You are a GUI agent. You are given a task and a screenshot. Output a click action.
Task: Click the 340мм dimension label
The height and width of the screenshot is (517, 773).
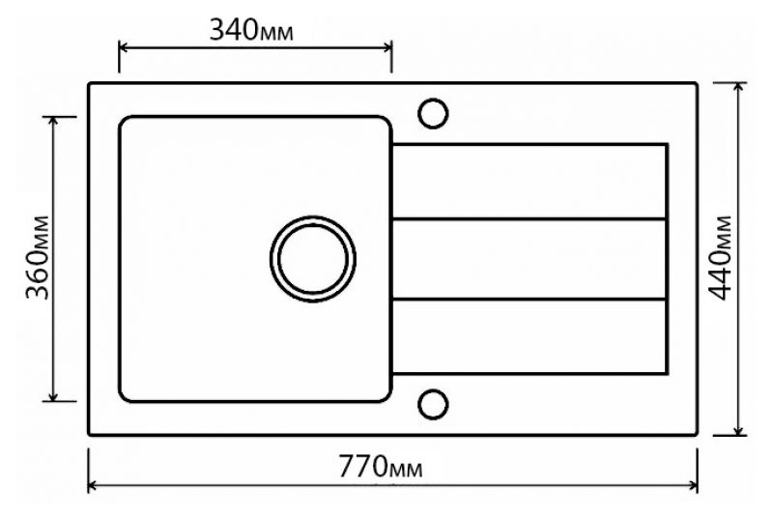pos(251,30)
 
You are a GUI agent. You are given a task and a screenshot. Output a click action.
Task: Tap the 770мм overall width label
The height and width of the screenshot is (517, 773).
pos(380,466)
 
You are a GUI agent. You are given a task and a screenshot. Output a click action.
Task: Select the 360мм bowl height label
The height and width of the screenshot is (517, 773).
pos(39,257)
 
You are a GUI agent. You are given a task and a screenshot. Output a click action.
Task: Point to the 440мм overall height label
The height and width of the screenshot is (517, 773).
pos(719,257)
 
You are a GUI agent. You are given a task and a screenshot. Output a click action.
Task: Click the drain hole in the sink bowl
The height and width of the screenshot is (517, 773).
pos(312,259)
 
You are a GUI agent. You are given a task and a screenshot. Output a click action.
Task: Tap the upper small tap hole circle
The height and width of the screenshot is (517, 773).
pos(433,113)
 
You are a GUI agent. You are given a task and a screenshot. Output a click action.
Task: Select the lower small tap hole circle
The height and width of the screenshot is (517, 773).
pos(433,404)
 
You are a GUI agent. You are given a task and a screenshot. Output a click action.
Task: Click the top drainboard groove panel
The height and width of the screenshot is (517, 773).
pos(530,182)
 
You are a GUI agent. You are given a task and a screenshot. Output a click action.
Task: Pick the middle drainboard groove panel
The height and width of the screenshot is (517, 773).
pos(530,259)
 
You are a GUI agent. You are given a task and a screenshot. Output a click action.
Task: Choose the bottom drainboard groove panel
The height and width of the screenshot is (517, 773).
pos(530,336)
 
